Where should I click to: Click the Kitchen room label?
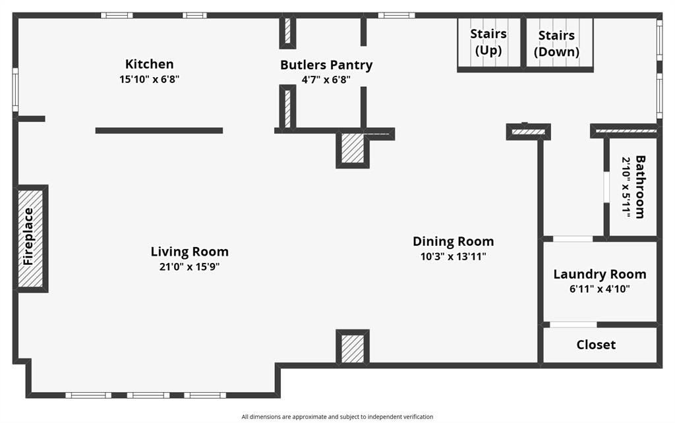pos(150,64)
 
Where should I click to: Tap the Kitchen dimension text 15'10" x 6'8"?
pos(150,79)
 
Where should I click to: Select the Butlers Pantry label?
pos(326,65)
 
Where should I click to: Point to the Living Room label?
pos(190,252)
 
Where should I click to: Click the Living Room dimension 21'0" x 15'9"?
pos(190,267)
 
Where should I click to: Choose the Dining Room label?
pos(454,241)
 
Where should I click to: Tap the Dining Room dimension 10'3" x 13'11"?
pos(454,256)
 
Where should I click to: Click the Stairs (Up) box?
pos(488,42)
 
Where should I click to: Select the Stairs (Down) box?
pos(557,43)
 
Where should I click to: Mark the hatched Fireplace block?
pos(30,238)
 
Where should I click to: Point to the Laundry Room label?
pos(600,274)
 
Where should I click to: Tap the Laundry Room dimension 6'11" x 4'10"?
pos(600,289)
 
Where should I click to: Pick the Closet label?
pos(596,345)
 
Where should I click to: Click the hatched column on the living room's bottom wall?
pos(353,347)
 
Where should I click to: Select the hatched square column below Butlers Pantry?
pos(353,149)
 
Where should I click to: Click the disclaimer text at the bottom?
pos(337,416)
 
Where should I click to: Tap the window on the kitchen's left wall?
pos(15,90)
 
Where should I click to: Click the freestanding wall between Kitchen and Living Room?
pos(159,130)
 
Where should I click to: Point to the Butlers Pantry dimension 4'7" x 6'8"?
pos(326,80)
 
